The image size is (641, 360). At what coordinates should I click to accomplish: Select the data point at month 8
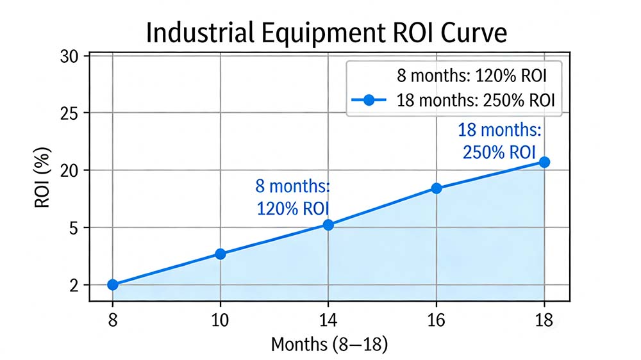click(x=113, y=284)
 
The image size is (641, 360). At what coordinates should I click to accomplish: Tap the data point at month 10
click(x=221, y=254)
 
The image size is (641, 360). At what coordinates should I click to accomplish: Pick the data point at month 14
click(x=328, y=225)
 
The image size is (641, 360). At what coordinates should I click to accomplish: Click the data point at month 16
click(x=437, y=188)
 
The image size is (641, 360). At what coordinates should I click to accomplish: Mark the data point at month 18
click(x=544, y=162)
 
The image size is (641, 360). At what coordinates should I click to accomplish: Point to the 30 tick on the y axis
click(x=70, y=56)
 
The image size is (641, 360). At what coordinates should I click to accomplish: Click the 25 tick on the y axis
click(x=70, y=113)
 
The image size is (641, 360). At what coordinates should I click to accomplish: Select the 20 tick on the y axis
click(x=70, y=170)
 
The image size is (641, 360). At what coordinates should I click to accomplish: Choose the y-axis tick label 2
click(x=74, y=285)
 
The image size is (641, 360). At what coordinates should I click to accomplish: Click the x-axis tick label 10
click(x=221, y=318)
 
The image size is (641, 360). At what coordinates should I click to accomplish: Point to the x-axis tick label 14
click(x=328, y=318)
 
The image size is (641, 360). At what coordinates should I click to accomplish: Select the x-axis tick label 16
click(x=437, y=318)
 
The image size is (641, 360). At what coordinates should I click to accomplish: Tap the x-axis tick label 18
click(x=544, y=318)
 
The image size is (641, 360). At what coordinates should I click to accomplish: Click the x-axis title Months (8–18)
click(x=329, y=344)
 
